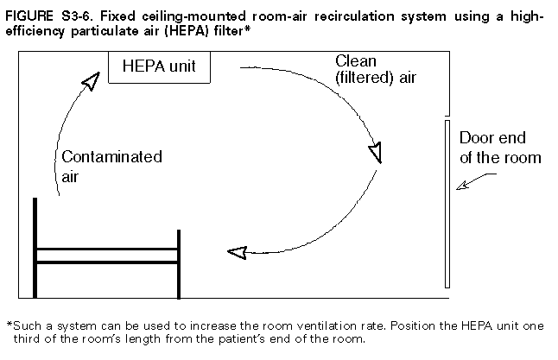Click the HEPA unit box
[x=159, y=66]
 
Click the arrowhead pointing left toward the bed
[x=236, y=251]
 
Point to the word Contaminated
[x=111, y=157]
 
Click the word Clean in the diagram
[x=355, y=60]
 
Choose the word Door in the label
[x=475, y=139]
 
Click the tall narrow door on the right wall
[x=447, y=204]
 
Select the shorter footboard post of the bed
[x=179, y=262]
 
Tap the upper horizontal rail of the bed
[x=107, y=249]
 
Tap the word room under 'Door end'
[x=522, y=157]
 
